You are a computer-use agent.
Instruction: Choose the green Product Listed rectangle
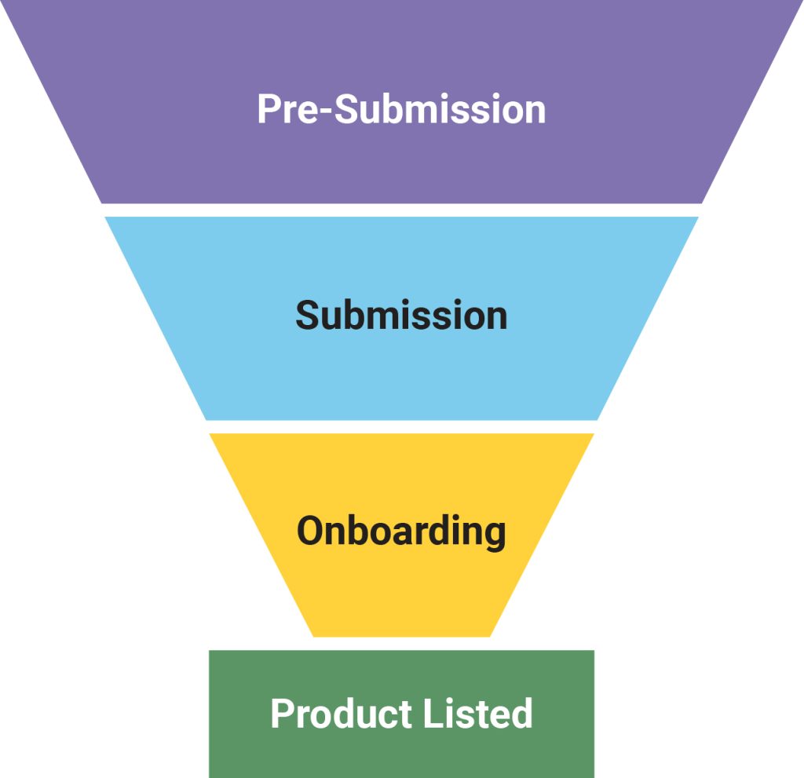coord(401,754)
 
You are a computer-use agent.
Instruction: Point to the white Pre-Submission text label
coord(401,110)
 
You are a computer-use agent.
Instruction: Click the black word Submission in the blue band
coord(401,316)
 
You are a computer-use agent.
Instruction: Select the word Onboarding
coord(401,531)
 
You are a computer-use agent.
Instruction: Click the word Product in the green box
coord(331,714)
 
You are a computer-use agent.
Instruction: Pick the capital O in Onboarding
coord(311,531)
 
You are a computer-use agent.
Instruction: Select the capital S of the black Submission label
coord(309,316)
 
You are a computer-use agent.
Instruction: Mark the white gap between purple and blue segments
coord(401,210)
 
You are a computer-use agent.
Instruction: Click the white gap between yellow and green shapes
coord(401,644)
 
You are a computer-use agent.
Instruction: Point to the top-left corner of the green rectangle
coord(210,652)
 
